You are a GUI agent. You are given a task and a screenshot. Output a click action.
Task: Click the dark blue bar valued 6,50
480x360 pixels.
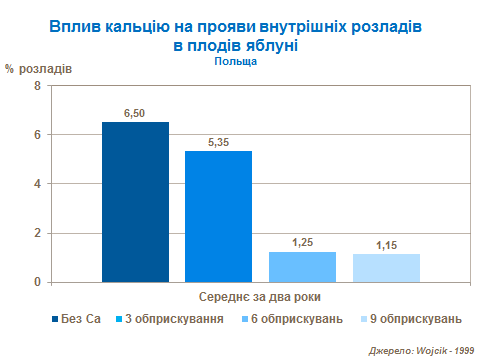(x=135, y=202)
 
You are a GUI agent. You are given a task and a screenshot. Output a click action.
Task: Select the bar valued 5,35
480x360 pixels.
(x=218, y=216)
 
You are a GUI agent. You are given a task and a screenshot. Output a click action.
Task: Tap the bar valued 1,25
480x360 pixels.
(x=302, y=267)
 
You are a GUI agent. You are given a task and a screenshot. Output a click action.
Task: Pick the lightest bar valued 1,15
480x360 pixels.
(x=385, y=268)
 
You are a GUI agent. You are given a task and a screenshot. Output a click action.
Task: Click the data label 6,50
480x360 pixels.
(x=135, y=114)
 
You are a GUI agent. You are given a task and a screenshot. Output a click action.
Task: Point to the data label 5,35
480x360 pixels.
(x=218, y=142)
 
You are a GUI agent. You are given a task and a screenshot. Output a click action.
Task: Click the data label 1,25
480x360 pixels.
(x=302, y=243)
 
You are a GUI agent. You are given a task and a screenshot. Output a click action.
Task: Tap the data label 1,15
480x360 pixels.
(x=385, y=245)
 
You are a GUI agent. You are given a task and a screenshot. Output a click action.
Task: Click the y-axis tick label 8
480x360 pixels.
(x=37, y=86)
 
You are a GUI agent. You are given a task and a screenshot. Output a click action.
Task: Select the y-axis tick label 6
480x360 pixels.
(x=37, y=135)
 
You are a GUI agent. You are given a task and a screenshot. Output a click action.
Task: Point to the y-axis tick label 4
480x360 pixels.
(x=37, y=184)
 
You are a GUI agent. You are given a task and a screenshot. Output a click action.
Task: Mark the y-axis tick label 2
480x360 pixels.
(x=37, y=233)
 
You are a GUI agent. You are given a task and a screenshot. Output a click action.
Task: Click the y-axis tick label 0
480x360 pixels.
(x=37, y=282)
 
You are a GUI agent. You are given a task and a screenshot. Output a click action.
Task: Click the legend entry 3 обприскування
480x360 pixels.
(x=168, y=319)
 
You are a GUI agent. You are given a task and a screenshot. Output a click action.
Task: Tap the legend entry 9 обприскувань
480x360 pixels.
(x=410, y=319)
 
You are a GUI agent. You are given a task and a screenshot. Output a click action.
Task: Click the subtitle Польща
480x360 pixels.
(x=236, y=61)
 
